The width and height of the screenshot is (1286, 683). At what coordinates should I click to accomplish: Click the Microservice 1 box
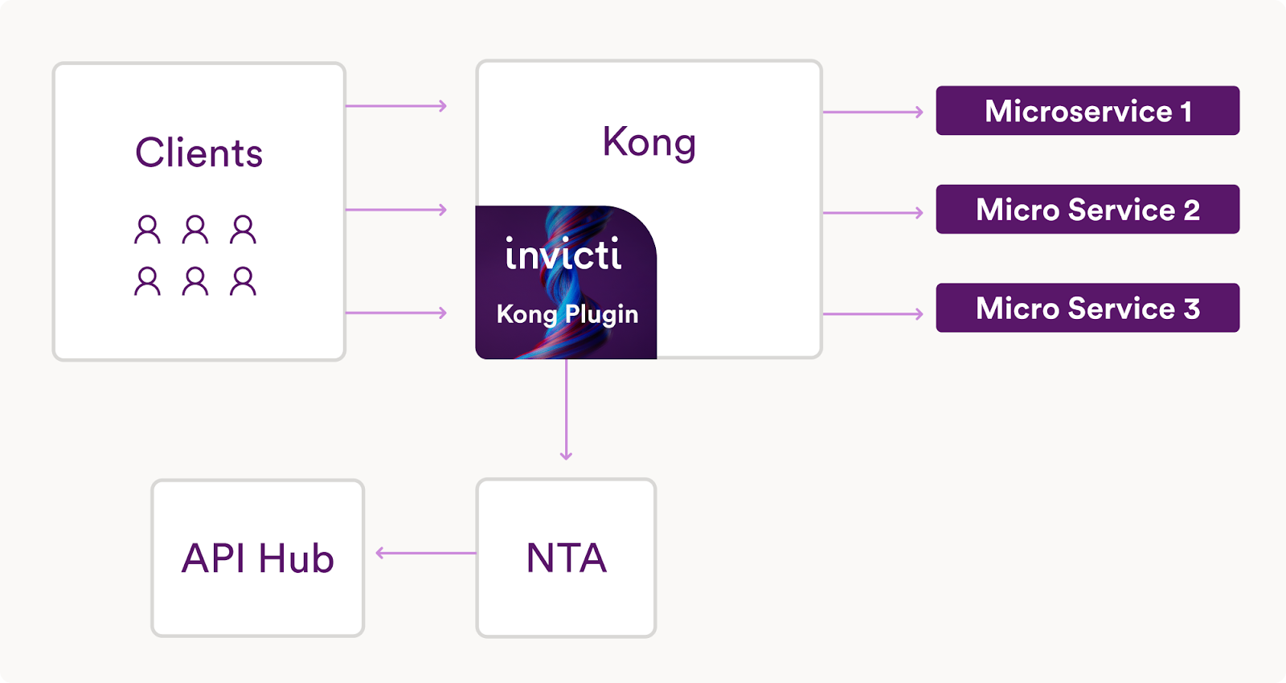click(x=1087, y=111)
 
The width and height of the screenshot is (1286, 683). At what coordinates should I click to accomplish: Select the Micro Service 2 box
click(x=1087, y=210)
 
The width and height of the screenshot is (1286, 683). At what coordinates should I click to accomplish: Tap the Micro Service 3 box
click(x=1087, y=308)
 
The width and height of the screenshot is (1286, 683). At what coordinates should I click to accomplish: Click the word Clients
click(x=199, y=153)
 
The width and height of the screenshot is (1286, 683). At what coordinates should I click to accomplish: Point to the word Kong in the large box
click(x=649, y=142)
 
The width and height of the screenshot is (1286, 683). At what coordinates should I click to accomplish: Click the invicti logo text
click(x=563, y=255)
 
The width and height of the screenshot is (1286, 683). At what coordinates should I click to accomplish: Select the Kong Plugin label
click(x=567, y=314)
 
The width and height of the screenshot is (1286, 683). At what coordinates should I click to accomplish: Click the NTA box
click(x=566, y=558)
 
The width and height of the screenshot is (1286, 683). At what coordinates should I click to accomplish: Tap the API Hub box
click(x=257, y=558)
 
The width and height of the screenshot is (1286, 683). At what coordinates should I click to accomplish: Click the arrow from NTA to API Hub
click(x=426, y=553)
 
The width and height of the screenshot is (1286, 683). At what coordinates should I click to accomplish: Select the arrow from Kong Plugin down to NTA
click(x=566, y=410)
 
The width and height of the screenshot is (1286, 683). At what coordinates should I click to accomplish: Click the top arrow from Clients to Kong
click(x=395, y=105)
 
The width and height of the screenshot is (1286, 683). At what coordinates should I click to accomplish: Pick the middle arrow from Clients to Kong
click(x=395, y=210)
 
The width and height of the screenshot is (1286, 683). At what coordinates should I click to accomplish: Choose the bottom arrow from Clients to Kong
click(x=395, y=313)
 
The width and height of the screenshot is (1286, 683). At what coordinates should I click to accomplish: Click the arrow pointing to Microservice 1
click(x=873, y=112)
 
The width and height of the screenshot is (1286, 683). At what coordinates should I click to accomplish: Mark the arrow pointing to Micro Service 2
click(x=873, y=213)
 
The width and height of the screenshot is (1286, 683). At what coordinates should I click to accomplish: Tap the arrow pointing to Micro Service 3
click(x=873, y=314)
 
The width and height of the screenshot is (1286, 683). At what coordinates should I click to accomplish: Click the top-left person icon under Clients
click(x=147, y=230)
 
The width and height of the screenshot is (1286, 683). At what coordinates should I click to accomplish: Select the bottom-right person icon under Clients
click(x=243, y=281)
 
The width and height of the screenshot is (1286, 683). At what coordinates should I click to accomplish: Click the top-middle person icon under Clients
click(x=195, y=230)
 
